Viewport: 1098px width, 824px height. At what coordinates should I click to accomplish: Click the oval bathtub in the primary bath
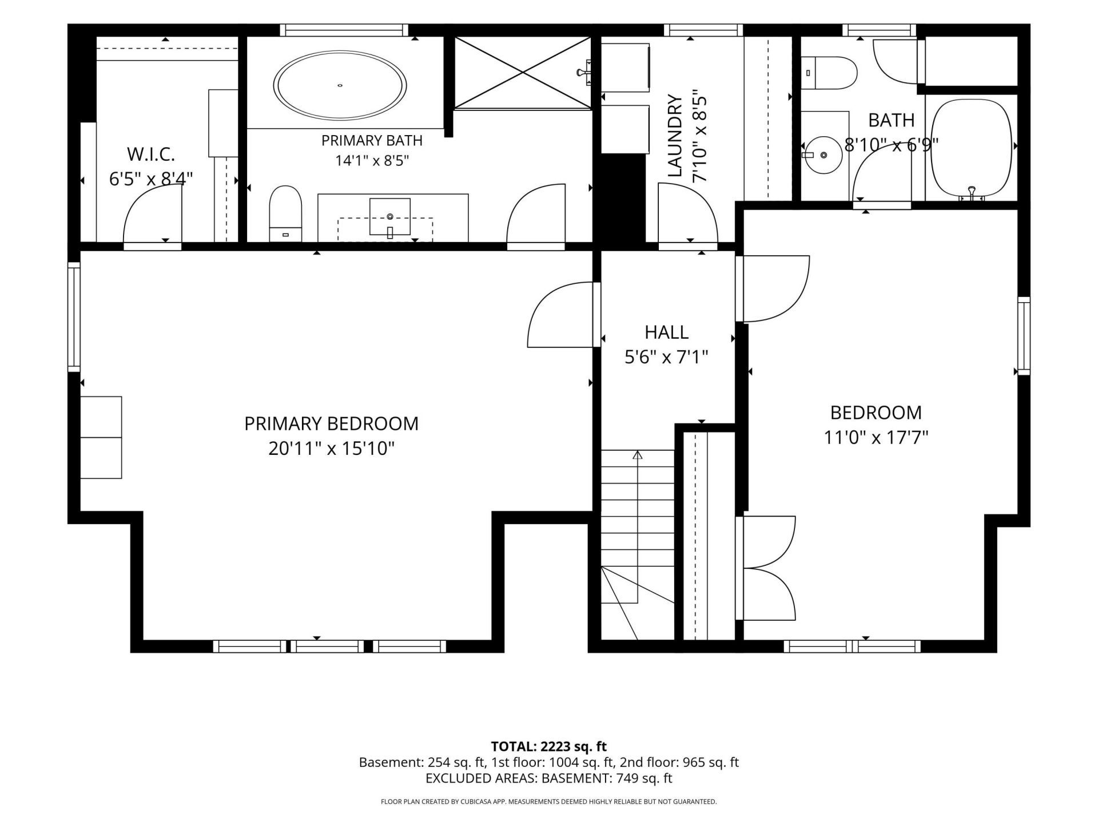[340, 86]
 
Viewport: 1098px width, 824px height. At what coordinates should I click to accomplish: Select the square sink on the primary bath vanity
[390, 217]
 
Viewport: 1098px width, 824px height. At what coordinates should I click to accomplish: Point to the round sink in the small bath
[823, 155]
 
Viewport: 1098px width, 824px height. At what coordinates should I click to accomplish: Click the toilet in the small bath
[829, 73]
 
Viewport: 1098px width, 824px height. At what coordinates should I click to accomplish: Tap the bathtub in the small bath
[972, 149]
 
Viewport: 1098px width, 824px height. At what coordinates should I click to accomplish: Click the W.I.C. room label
[151, 154]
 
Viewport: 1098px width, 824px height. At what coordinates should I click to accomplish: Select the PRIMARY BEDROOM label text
[332, 423]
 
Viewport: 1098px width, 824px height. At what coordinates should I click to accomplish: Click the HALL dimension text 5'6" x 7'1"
[666, 358]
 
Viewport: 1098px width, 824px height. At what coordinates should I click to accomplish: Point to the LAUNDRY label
[676, 136]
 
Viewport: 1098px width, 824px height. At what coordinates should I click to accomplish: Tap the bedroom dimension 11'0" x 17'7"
[876, 438]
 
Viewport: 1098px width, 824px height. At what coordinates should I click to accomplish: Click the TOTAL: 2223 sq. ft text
[549, 746]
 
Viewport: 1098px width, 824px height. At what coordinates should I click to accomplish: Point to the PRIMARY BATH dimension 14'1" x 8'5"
[372, 161]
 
